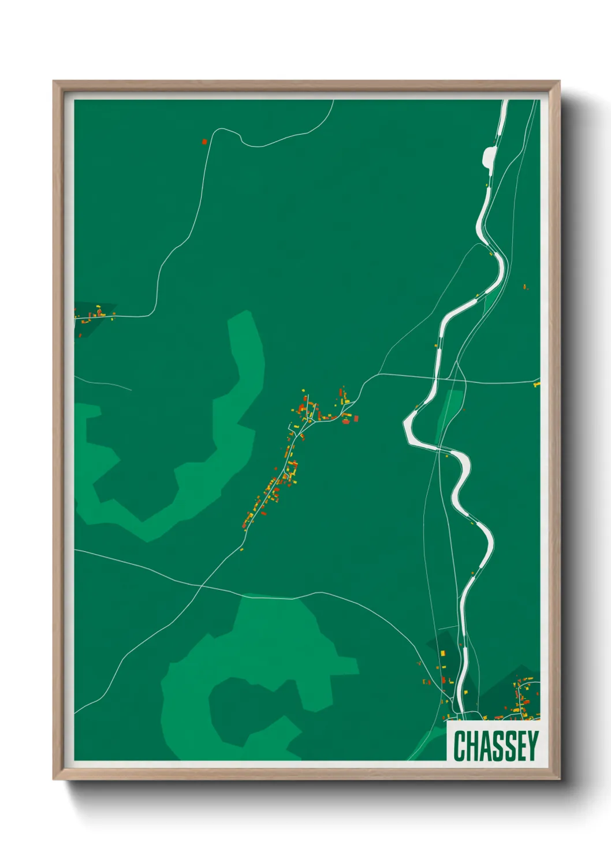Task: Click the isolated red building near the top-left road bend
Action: click(x=204, y=141)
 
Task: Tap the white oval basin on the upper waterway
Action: click(x=489, y=155)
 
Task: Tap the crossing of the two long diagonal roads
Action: click(x=201, y=586)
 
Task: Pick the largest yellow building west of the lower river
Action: click(x=443, y=653)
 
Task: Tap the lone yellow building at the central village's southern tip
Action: click(x=241, y=549)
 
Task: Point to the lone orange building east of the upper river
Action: click(x=525, y=287)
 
